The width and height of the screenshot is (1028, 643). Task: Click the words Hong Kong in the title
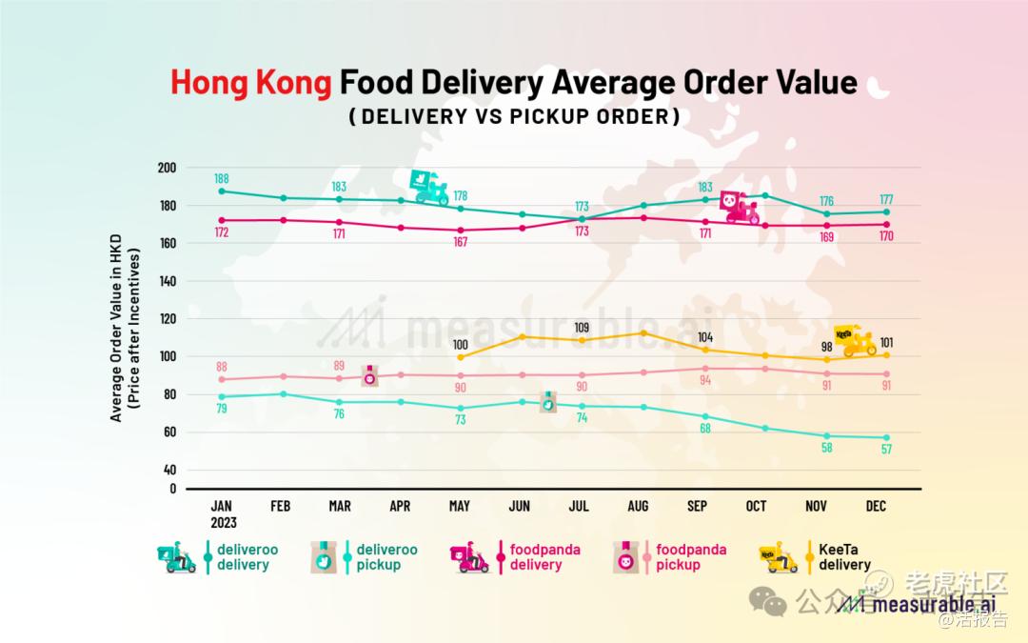(251, 83)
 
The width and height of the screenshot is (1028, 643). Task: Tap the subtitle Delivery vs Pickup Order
(514, 117)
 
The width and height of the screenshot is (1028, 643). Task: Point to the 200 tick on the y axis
(168, 168)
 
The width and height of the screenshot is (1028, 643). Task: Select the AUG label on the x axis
(638, 507)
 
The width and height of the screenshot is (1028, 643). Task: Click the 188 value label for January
(222, 178)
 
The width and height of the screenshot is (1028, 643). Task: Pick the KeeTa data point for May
(461, 357)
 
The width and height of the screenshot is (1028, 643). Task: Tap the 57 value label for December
(886, 450)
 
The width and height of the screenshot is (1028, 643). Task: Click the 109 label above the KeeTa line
(582, 328)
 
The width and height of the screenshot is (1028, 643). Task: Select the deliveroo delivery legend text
(243, 557)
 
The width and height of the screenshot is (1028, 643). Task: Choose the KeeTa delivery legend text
(844, 557)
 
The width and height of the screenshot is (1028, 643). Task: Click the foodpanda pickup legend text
(691, 557)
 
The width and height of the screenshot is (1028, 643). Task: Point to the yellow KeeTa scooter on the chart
(855, 340)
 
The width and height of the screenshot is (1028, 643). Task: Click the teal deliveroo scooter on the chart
(429, 188)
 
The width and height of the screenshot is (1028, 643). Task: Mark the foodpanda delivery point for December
(886, 225)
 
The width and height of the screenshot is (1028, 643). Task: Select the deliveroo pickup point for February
(281, 393)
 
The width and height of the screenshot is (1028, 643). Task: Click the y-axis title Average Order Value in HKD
(116, 333)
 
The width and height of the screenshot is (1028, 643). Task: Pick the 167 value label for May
(461, 243)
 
